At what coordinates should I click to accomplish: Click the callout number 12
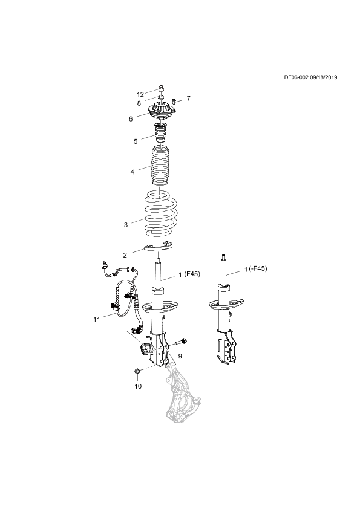140,95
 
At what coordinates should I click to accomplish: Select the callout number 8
139,103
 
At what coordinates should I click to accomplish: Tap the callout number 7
188,99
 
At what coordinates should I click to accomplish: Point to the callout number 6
131,119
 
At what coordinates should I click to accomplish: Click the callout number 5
136,141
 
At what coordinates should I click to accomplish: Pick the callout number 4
133,172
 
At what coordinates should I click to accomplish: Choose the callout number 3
126,225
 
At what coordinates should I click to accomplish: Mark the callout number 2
125,256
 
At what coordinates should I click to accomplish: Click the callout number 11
96,319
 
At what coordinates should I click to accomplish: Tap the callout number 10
138,386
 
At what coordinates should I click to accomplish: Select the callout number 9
180,356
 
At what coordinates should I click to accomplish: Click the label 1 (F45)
189,274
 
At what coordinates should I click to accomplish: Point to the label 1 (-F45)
256,269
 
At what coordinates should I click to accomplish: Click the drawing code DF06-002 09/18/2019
310,77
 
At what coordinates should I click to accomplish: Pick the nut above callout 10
137,371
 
